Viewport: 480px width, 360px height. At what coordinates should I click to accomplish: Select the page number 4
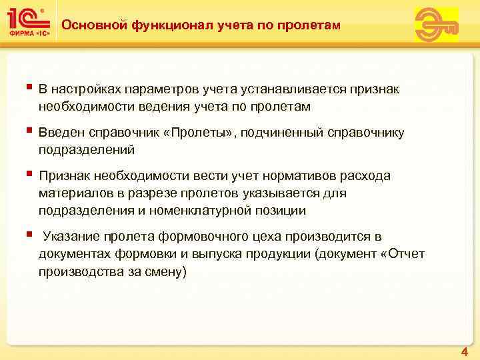point(464,351)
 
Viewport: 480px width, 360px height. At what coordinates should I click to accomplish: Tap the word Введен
point(60,133)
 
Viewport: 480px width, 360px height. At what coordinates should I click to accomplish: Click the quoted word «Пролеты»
point(199,133)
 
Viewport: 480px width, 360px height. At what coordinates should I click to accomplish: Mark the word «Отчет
point(401,255)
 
